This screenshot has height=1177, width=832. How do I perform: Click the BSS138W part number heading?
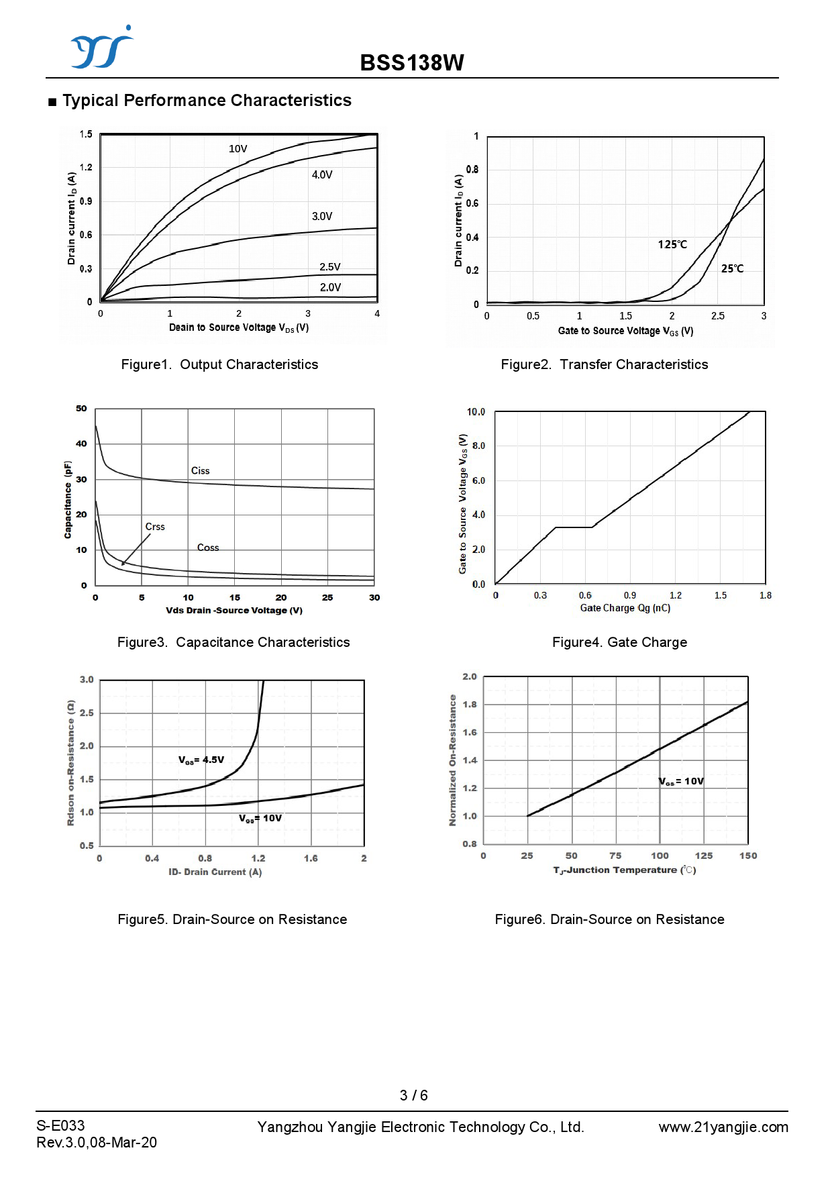pos(412,62)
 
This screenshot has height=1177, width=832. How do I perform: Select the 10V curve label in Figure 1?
pos(238,149)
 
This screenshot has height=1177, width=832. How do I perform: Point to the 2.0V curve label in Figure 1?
pos(330,287)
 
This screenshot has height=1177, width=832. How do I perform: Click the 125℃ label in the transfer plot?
pos(672,245)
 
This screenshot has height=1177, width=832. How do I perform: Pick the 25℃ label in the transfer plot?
pos(732,268)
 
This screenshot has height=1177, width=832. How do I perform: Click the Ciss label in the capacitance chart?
pos(200,471)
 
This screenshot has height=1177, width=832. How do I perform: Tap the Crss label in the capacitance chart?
pos(155,527)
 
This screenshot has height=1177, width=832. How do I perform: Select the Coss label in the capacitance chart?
pos(208,548)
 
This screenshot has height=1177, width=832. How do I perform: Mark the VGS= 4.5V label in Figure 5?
pos(201,760)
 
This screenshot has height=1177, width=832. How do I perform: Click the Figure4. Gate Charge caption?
pos(619,642)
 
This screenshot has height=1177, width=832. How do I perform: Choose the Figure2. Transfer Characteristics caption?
pos(604,364)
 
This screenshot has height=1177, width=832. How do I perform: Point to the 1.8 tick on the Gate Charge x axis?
pos(765,595)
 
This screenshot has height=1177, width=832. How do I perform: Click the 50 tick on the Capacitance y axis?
pos(81,408)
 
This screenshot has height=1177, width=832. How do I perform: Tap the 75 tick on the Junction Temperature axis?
pos(615,856)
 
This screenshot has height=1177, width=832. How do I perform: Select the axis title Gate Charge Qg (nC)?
pos(625,608)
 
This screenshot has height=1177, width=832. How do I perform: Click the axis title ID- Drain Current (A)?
pos(215,872)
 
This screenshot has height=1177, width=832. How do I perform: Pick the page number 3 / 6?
pos(413,1095)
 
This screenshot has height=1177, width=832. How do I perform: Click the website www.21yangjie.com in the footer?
pos(723,1127)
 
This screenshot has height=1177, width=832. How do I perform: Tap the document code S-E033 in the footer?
pos(60,1125)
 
